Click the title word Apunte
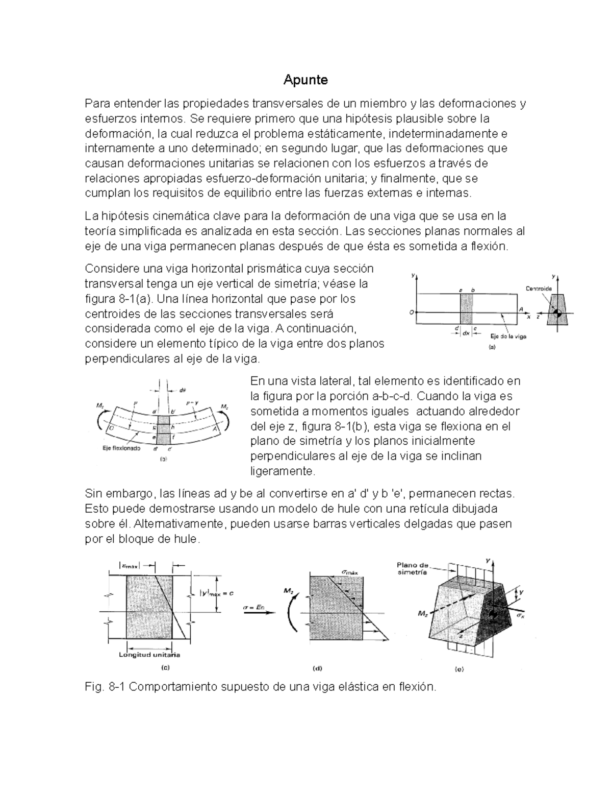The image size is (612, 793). (x=305, y=80)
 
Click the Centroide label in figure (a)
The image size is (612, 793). (x=539, y=289)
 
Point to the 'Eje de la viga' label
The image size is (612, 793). (x=508, y=337)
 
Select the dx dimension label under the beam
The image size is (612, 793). (x=466, y=333)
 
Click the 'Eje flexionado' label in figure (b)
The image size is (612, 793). (x=119, y=448)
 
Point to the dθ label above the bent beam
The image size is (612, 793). (x=182, y=390)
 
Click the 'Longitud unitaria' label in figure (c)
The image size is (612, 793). (x=149, y=655)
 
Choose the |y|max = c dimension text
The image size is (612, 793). (x=216, y=593)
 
